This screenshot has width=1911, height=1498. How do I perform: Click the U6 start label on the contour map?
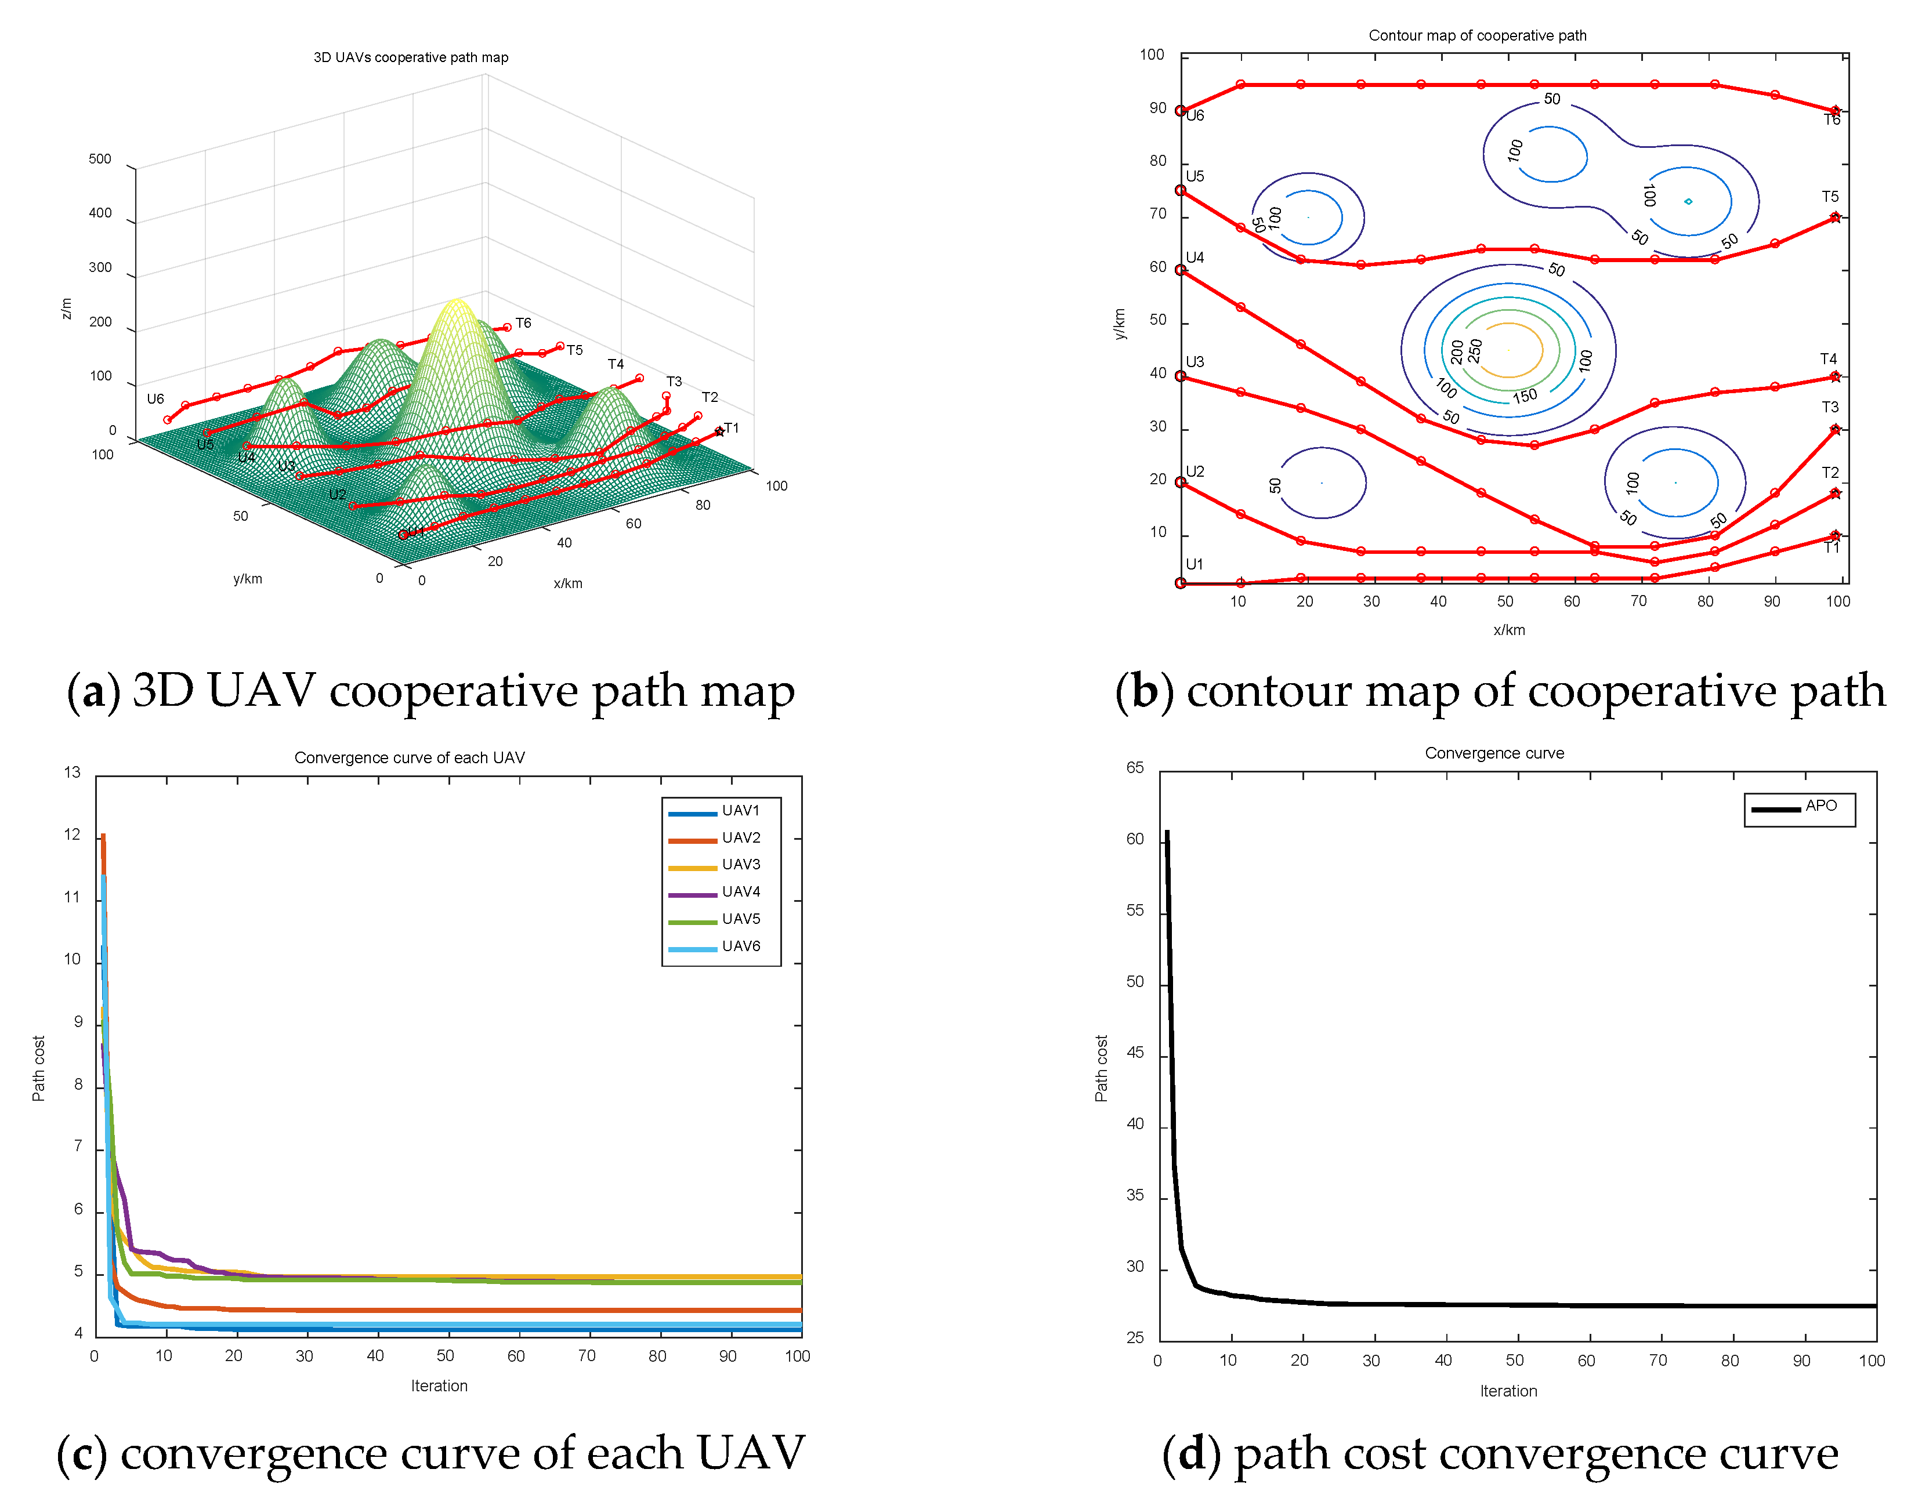(x=1195, y=116)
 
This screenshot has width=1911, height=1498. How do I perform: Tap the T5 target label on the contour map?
(x=1829, y=197)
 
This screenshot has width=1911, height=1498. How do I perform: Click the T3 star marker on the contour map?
(x=1834, y=430)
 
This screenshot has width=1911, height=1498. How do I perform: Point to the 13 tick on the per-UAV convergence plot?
(x=72, y=772)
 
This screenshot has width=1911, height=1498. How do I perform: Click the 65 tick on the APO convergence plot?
(x=1135, y=768)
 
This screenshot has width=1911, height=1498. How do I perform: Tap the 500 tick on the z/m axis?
(x=100, y=159)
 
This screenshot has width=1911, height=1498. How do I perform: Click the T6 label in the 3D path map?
(x=523, y=324)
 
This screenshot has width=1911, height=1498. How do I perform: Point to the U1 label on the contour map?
(x=1194, y=565)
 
